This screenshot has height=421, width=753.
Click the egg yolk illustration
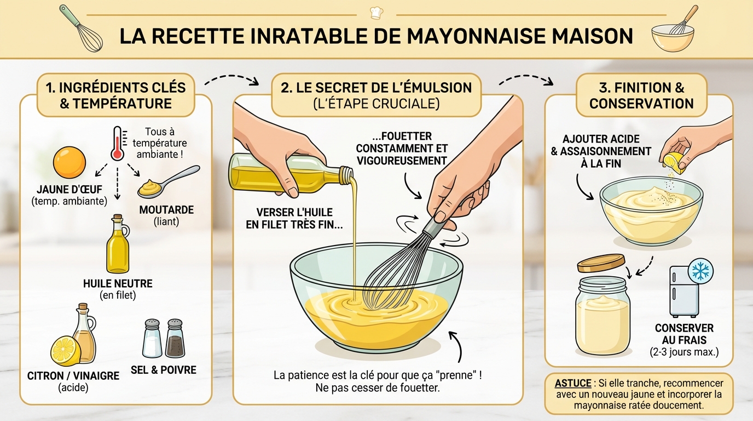point(69,162)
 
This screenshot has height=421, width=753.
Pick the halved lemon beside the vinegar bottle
point(66,350)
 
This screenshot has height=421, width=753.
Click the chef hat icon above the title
point(376,12)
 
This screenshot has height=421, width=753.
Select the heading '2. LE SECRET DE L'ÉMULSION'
point(376,88)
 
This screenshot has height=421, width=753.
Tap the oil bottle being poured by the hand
point(285,173)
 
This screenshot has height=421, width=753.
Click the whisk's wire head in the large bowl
point(389,274)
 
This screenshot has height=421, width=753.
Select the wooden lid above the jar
point(601,263)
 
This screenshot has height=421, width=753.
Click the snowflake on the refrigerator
point(699,270)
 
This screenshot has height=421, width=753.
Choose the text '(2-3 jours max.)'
point(684,351)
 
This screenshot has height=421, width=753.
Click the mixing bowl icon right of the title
point(673,36)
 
